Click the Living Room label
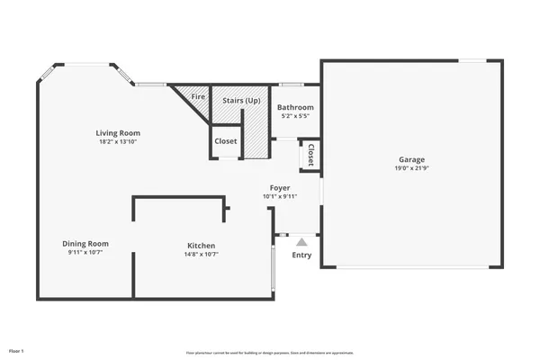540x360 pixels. pyautogui.click(x=118, y=133)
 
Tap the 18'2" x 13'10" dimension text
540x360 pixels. pyautogui.click(x=118, y=141)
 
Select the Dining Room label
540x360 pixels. pyautogui.click(x=85, y=244)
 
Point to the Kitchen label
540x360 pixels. pyautogui.click(x=201, y=246)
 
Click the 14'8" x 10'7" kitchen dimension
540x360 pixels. pyautogui.click(x=201, y=254)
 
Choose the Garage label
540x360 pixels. pyautogui.click(x=412, y=159)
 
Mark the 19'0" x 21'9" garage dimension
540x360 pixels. pyautogui.click(x=412, y=168)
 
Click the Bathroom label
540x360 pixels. pyautogui.click(x=295, y=107)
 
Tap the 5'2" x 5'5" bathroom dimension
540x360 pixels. pyautogui.click(x=295, y=116)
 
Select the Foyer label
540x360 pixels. pyautogui.click(x=280, y=187)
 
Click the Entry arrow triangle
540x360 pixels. pyautogui.click(x=301, y=241)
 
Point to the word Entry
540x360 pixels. pyautogui.click(x=301, y=256)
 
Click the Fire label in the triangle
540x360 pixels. pyautogui.click(x=198, y=95)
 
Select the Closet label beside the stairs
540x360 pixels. pyautogui.click(x=226, y=141)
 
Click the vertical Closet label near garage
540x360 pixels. pyautogui.click(x=310, y=155)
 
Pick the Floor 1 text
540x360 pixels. pyautogui.click(x=16, y=349)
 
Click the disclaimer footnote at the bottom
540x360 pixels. pyautogui.click(x=269, y=352)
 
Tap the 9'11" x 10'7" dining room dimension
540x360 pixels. pyautogui.click(x=85, y=253)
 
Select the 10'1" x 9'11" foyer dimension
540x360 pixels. pyautogui.click(x=280, y=196)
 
